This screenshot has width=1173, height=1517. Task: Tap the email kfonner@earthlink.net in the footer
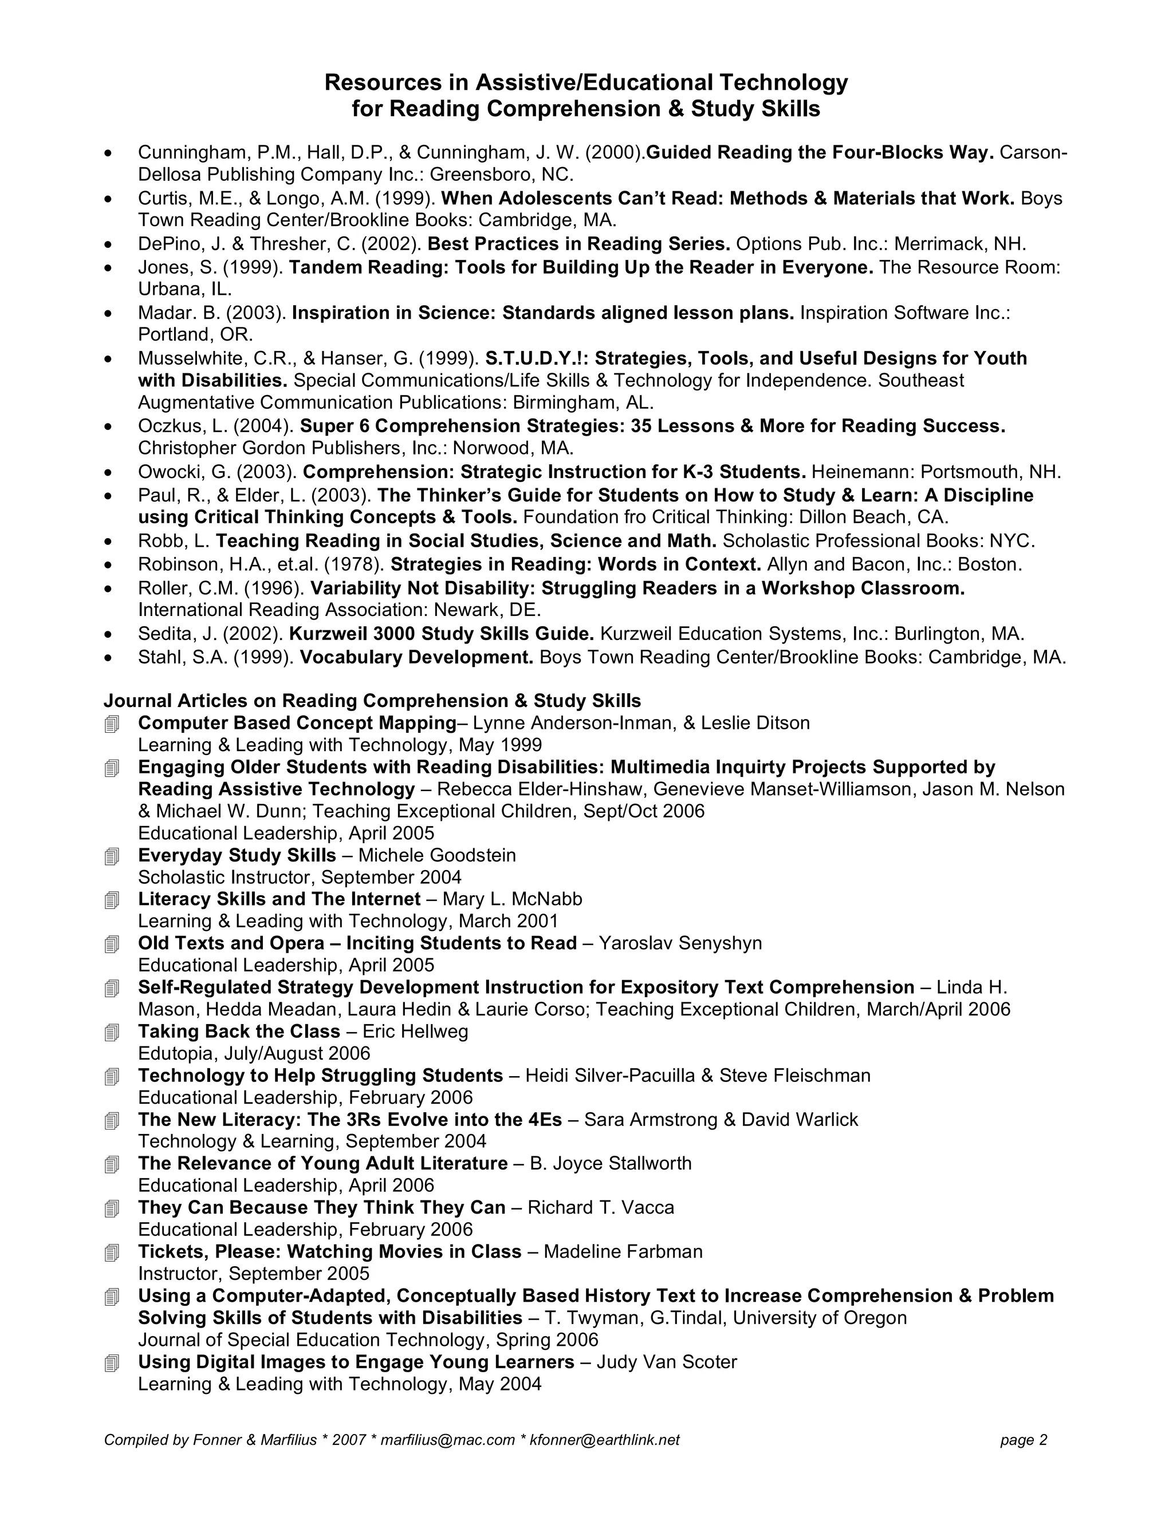point(605,1440)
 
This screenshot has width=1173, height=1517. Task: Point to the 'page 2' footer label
point(1024,1440)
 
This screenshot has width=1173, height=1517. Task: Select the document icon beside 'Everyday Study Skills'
point(112,857)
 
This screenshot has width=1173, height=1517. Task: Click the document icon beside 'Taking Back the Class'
point(112,1033)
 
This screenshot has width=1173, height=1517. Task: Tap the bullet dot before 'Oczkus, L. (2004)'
point(108,426)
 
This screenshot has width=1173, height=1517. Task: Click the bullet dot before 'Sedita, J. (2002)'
point(108,634)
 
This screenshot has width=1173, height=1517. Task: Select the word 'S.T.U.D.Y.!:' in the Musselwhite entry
point(537,358)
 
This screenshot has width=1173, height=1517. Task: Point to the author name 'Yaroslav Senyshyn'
point(680,943)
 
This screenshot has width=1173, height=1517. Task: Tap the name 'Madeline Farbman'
point(623,1251)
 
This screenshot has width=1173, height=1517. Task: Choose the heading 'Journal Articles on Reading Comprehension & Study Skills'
point(372,700)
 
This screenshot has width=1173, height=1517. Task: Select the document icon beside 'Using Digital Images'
point(112,1364)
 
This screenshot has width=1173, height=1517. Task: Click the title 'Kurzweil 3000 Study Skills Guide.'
point(441,634)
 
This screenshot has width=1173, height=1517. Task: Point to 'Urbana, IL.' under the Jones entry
point(185,289)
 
